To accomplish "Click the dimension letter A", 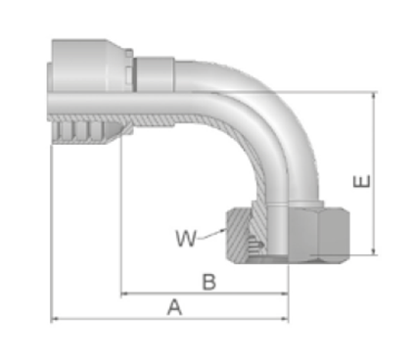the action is pos(175,307).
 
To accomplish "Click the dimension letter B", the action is pos(209,282).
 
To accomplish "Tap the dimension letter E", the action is pos(362,181).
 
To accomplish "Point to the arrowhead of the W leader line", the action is pos(223,230).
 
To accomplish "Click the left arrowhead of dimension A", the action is pos(56,319).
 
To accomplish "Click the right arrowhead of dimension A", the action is pos(285,319).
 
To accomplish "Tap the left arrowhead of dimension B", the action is pos(125,293).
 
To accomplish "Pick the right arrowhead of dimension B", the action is pos(285,293).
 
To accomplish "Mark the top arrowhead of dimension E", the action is pos(375,96).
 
